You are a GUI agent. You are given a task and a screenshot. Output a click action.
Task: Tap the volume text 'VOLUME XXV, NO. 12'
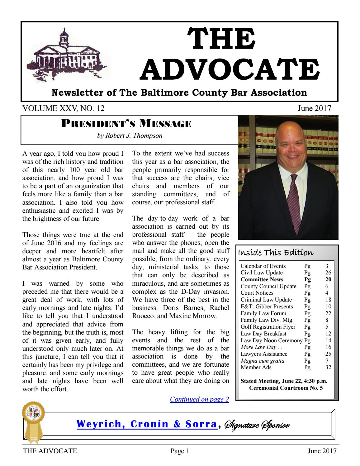click(64, 108)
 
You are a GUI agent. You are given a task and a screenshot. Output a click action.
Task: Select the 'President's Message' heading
click(126, 124)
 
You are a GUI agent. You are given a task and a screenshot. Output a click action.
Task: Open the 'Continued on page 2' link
click(199, 399)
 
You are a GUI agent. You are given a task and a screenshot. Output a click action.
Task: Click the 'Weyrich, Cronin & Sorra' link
click(147, 424)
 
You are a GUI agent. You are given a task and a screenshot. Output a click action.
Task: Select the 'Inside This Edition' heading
click(276, 252)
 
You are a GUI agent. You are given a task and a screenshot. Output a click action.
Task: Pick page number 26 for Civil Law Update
click(328, 273)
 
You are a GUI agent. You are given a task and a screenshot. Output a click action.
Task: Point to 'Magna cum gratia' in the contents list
click(262, 361)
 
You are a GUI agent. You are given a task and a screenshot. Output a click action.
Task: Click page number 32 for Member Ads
click(328, 368)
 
